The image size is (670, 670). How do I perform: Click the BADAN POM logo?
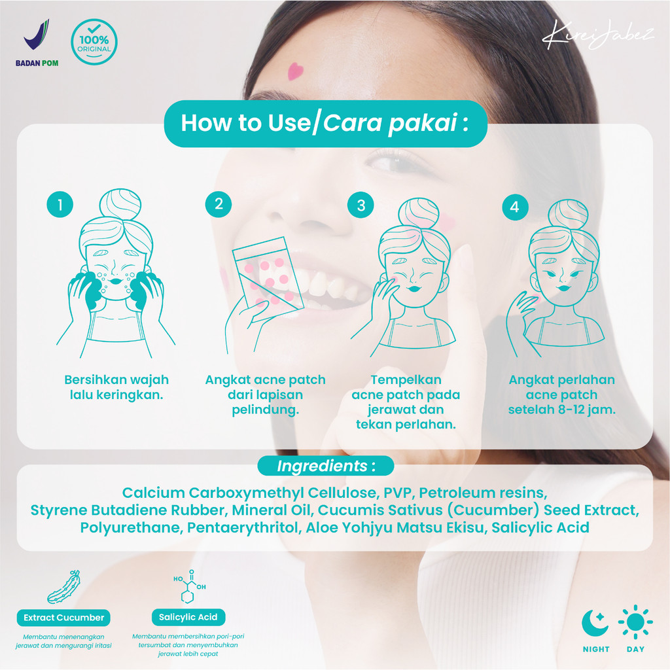[x=37, y=43]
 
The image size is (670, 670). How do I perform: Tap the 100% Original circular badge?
[x=94, y=42]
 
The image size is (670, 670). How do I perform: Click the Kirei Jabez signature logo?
[x=597, y=34]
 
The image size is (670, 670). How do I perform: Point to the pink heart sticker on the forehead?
[x=295, y=71]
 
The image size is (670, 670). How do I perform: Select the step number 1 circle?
[x=60, y=204]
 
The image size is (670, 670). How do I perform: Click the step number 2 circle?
[x=219, y=204]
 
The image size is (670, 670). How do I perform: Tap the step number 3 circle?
[x=361, y=205]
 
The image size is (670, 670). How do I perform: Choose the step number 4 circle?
[x=516, y=207]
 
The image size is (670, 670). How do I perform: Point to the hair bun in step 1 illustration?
[x=120, y=204]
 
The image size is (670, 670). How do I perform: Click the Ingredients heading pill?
[x=326, y=466]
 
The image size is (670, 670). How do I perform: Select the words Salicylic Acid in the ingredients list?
[x=540, y=527]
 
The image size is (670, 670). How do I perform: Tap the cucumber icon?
[x=64, y=586]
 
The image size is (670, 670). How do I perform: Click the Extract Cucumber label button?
[x=63, y=618]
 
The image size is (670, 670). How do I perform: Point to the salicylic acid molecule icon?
[x=189, y=586]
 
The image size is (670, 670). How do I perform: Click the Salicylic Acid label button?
[x=188, y=617]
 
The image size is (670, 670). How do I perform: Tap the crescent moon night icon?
[x=595, y=623]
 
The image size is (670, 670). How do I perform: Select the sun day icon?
[x=635, y=622]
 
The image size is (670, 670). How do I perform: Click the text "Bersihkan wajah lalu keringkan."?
[x=116, y=387]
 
